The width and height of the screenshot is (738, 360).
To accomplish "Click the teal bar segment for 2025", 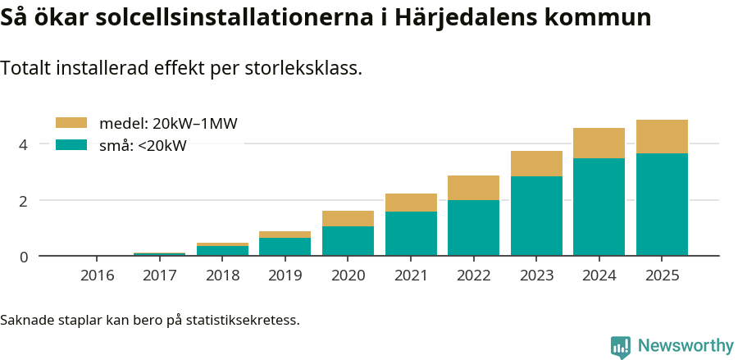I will (662, 204).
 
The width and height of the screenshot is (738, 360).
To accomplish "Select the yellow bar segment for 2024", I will (599, 143).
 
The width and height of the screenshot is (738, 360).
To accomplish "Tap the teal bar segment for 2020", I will (348, 241).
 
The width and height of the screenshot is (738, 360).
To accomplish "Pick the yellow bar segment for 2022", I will (473, 188).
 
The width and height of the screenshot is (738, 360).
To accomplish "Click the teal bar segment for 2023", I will (536, 216).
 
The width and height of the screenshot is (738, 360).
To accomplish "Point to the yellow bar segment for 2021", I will (411, 203).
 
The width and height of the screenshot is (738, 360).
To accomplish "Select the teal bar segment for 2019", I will (285, 247).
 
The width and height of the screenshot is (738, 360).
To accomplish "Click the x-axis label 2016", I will (97, 276).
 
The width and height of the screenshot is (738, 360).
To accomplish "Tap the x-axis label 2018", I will (222, 276).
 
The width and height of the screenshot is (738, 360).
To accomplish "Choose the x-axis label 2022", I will (473, 276).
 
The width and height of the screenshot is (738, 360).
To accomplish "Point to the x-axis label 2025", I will (662, 276).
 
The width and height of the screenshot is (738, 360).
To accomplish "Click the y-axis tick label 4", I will (23, 144).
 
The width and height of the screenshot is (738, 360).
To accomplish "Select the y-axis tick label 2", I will (23, 201).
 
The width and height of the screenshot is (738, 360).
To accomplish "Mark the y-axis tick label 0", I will (23, 257).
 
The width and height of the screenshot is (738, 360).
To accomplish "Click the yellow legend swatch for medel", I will (71, 123).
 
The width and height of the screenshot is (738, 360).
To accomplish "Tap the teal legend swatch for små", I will (71, 145).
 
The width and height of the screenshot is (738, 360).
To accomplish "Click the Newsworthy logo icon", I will (621, 346).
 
